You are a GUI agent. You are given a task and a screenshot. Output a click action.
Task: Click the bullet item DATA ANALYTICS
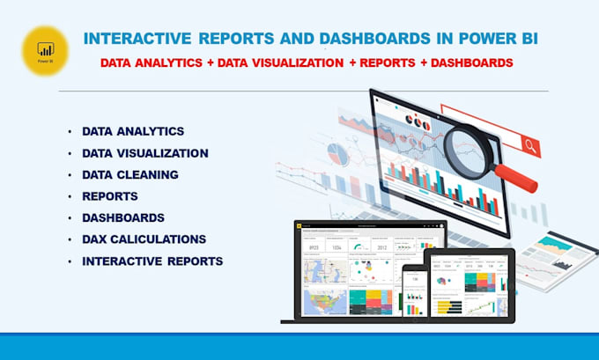point(133,131)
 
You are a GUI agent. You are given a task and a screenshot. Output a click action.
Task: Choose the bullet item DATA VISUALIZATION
point(145,153)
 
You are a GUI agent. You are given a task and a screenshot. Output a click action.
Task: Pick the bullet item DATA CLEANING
point(130,174)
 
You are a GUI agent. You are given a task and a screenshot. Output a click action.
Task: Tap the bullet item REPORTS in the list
point(110,195)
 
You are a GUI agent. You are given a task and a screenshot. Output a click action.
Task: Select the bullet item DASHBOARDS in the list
point(123,217)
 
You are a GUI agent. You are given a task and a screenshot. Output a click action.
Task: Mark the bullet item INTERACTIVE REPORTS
point(152,261)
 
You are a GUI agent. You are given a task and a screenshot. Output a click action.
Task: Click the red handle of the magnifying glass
point(517,174)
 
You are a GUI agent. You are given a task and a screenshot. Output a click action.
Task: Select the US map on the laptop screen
point(322,301)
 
